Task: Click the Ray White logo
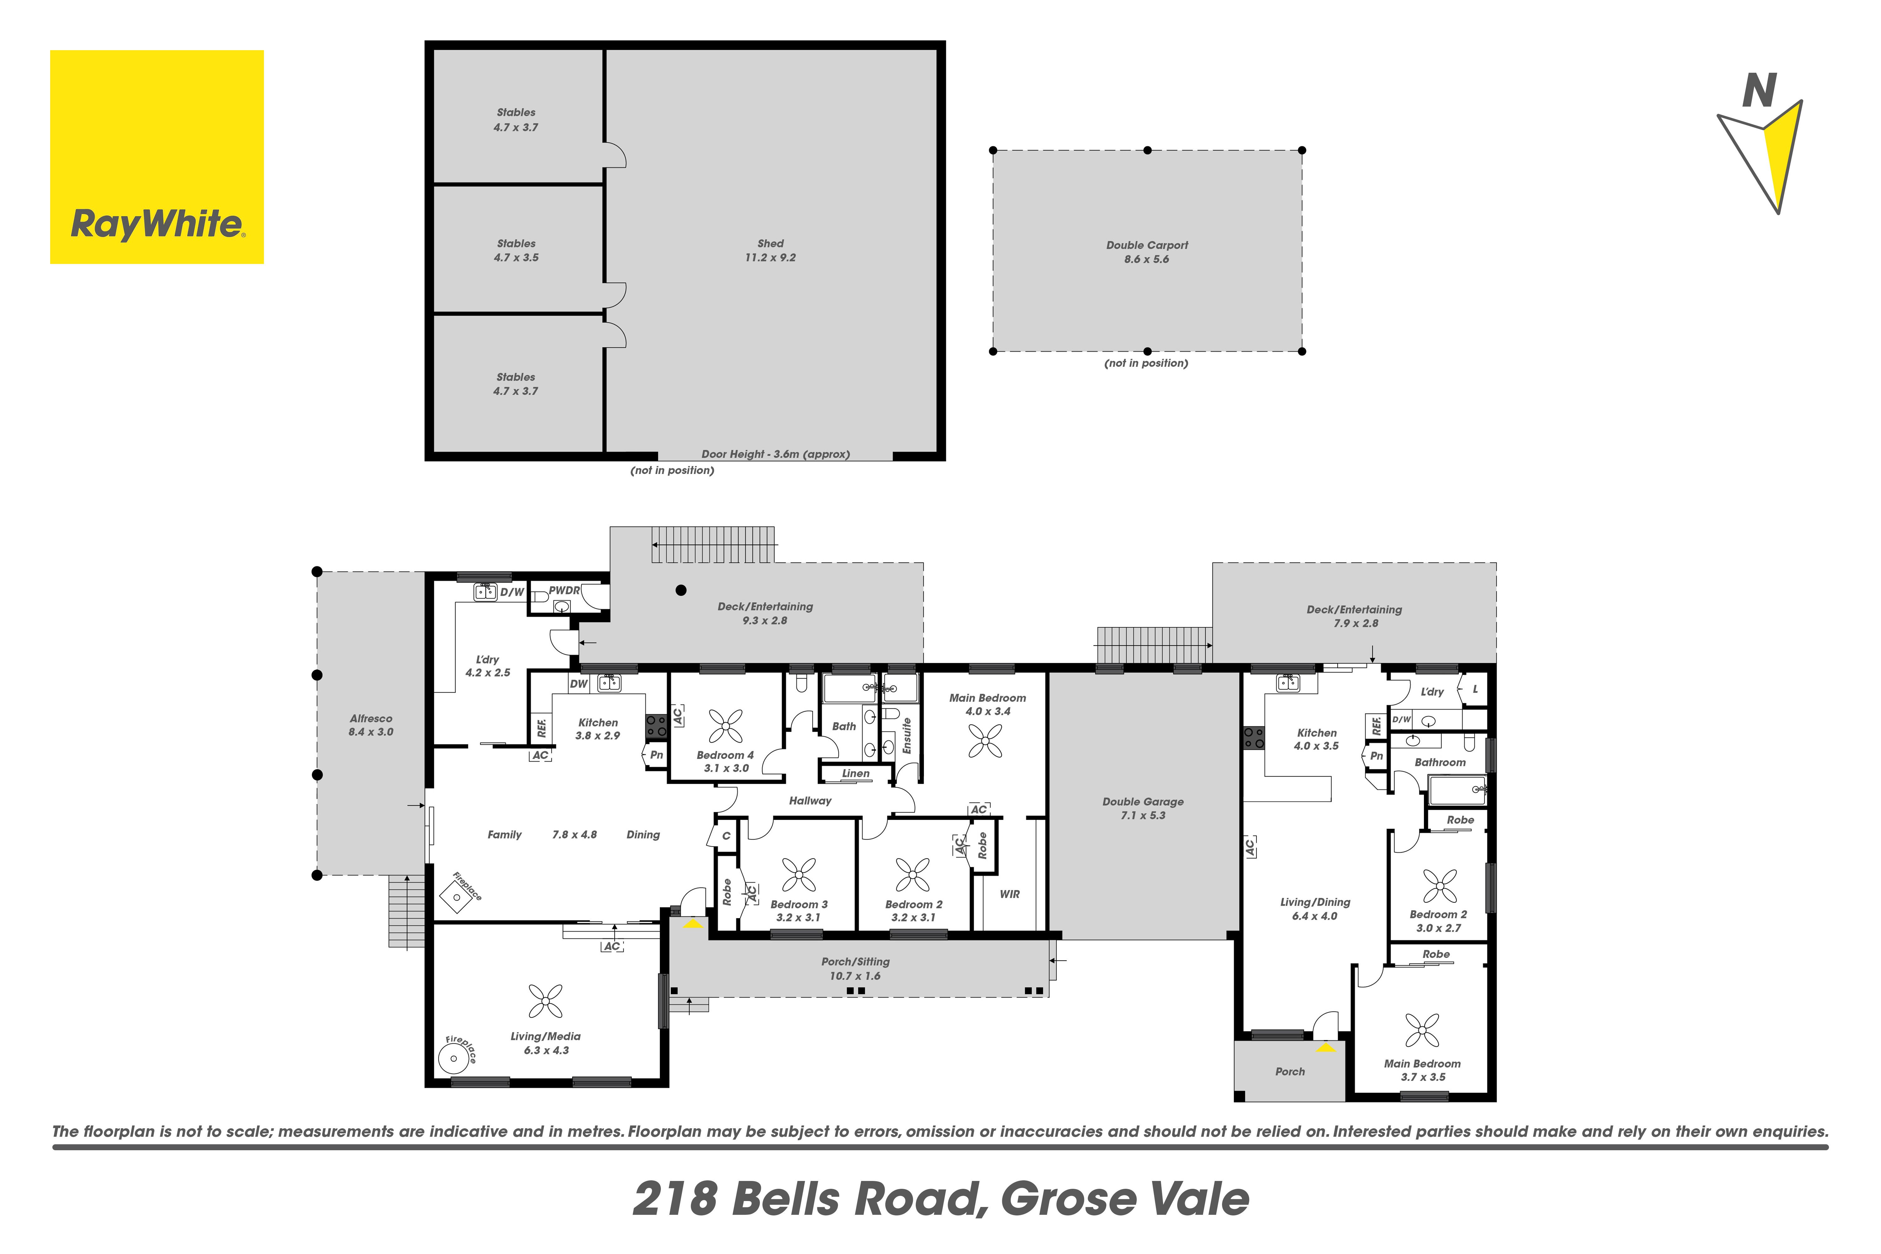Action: pyautogui.click(x=157, y=157)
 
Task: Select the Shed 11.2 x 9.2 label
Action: pyautogui.click(x=770, y=250)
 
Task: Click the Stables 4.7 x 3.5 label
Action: pyautogui.click(x=516, y=250)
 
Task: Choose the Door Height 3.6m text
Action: pyautogui.click(x=775, y=454)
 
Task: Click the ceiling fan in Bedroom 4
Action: pyautogui.click(x=725, y=726)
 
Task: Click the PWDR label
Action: pyautogui.click(x=564, y=590)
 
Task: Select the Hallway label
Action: pyautogui.click(x=810, y=801)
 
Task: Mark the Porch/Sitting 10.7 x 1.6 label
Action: pyautogui.click(x=855, y=968)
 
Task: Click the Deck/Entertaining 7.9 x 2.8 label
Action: pyautogui.click(x=1354, y=616)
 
